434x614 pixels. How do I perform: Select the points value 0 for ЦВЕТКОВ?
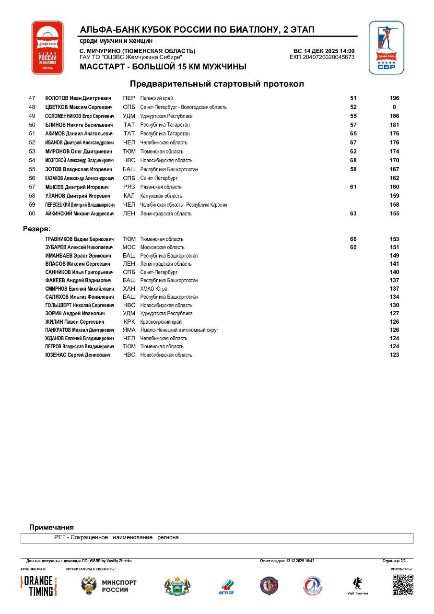click(x=394, y=107)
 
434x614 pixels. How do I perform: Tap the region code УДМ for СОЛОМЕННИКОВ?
click(x=129, y=116)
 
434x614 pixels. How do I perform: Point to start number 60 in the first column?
click(x=32, y=214)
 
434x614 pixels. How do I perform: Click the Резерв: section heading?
click(x=36, y=229)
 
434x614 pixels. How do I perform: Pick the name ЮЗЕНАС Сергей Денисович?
click(x=78, y=355)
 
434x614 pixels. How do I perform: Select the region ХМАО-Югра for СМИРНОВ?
click(x=153, y=289)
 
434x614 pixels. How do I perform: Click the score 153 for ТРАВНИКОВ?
click(x=394, y=239)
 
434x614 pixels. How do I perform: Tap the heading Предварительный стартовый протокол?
click(x=217, y=84)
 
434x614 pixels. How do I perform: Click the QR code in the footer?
click(x=402, y=585)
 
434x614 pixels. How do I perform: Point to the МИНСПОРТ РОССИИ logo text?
click(x=119, y=586)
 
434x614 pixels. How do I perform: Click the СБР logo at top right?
click(x=386, y=47)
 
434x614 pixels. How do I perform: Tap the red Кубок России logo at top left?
click(x=47, y=47)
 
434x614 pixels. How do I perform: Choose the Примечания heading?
click(x=51, y=527)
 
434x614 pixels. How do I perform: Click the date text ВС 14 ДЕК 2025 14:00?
click(x=324, y=51)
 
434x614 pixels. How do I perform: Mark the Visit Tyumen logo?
click(x=357, y=586)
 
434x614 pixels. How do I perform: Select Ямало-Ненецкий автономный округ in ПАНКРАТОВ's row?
click(x=179, y=330)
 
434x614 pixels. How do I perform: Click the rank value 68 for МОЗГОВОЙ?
click(x=353, y=160)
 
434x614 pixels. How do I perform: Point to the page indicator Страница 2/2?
click(x=394, y=560)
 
